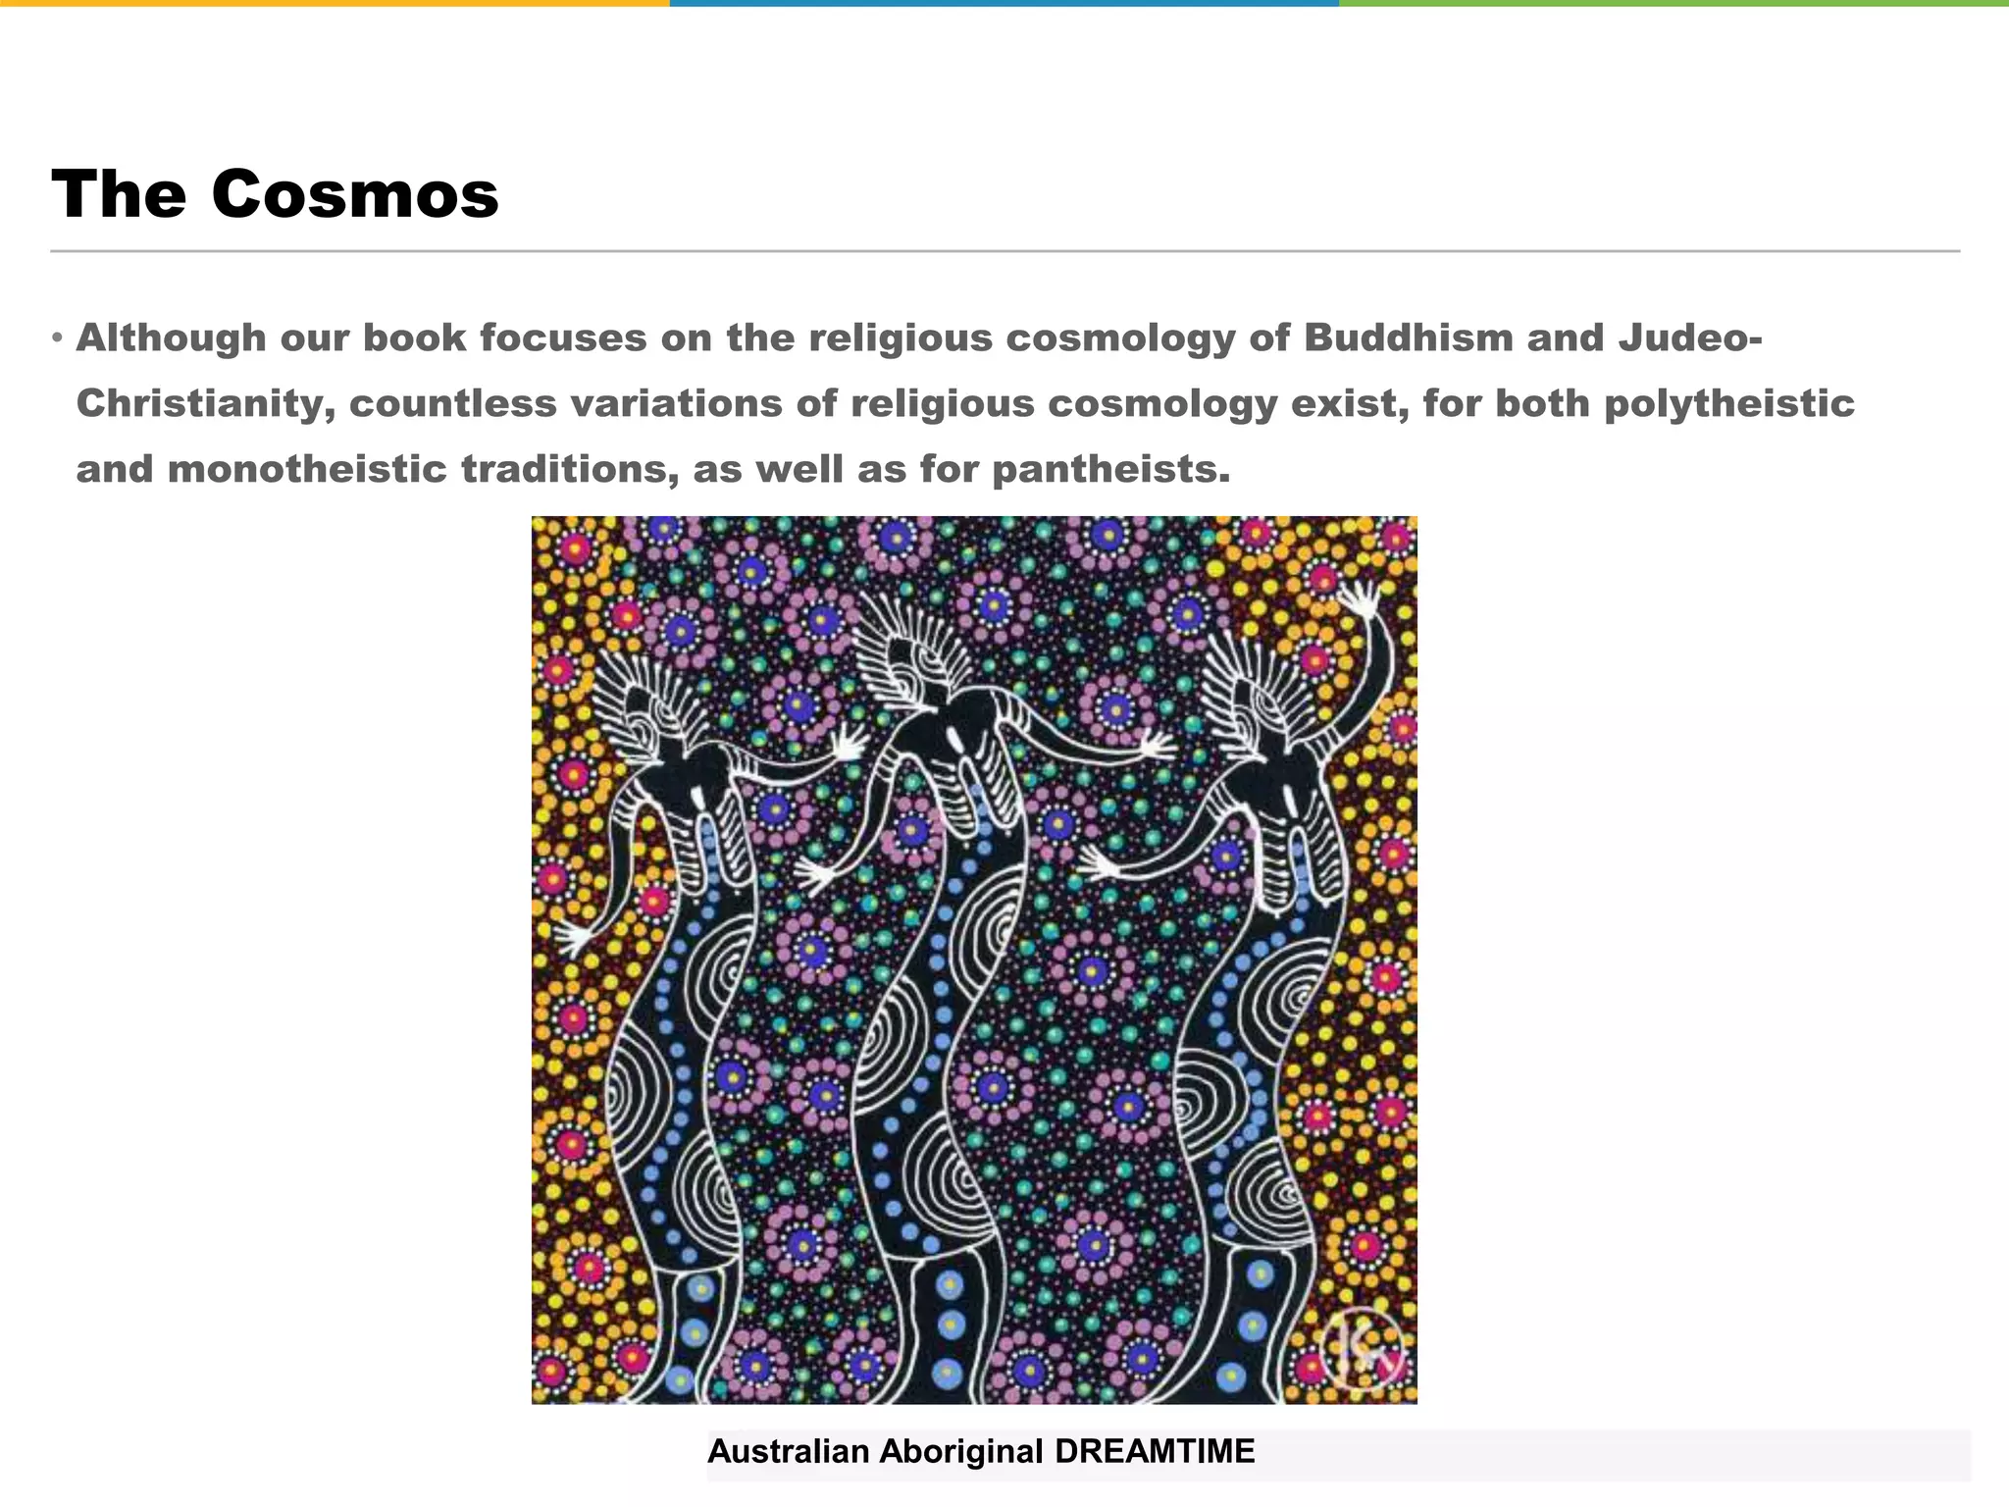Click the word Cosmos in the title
tap(354, 194)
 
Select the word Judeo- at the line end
tap(1690, 338)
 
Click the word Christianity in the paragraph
tap(206, 404)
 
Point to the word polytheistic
tap(1728, 404)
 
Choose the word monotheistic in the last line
tap(307, 470)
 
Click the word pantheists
tap(1110, 470)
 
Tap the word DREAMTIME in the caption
tap(1155, 1451)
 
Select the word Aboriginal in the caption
tap(960, 1451)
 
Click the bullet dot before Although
tap(58, 339)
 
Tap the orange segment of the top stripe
tap(335, 4)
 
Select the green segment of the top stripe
tap(1674, 4)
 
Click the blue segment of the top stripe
tap(1004, 4)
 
